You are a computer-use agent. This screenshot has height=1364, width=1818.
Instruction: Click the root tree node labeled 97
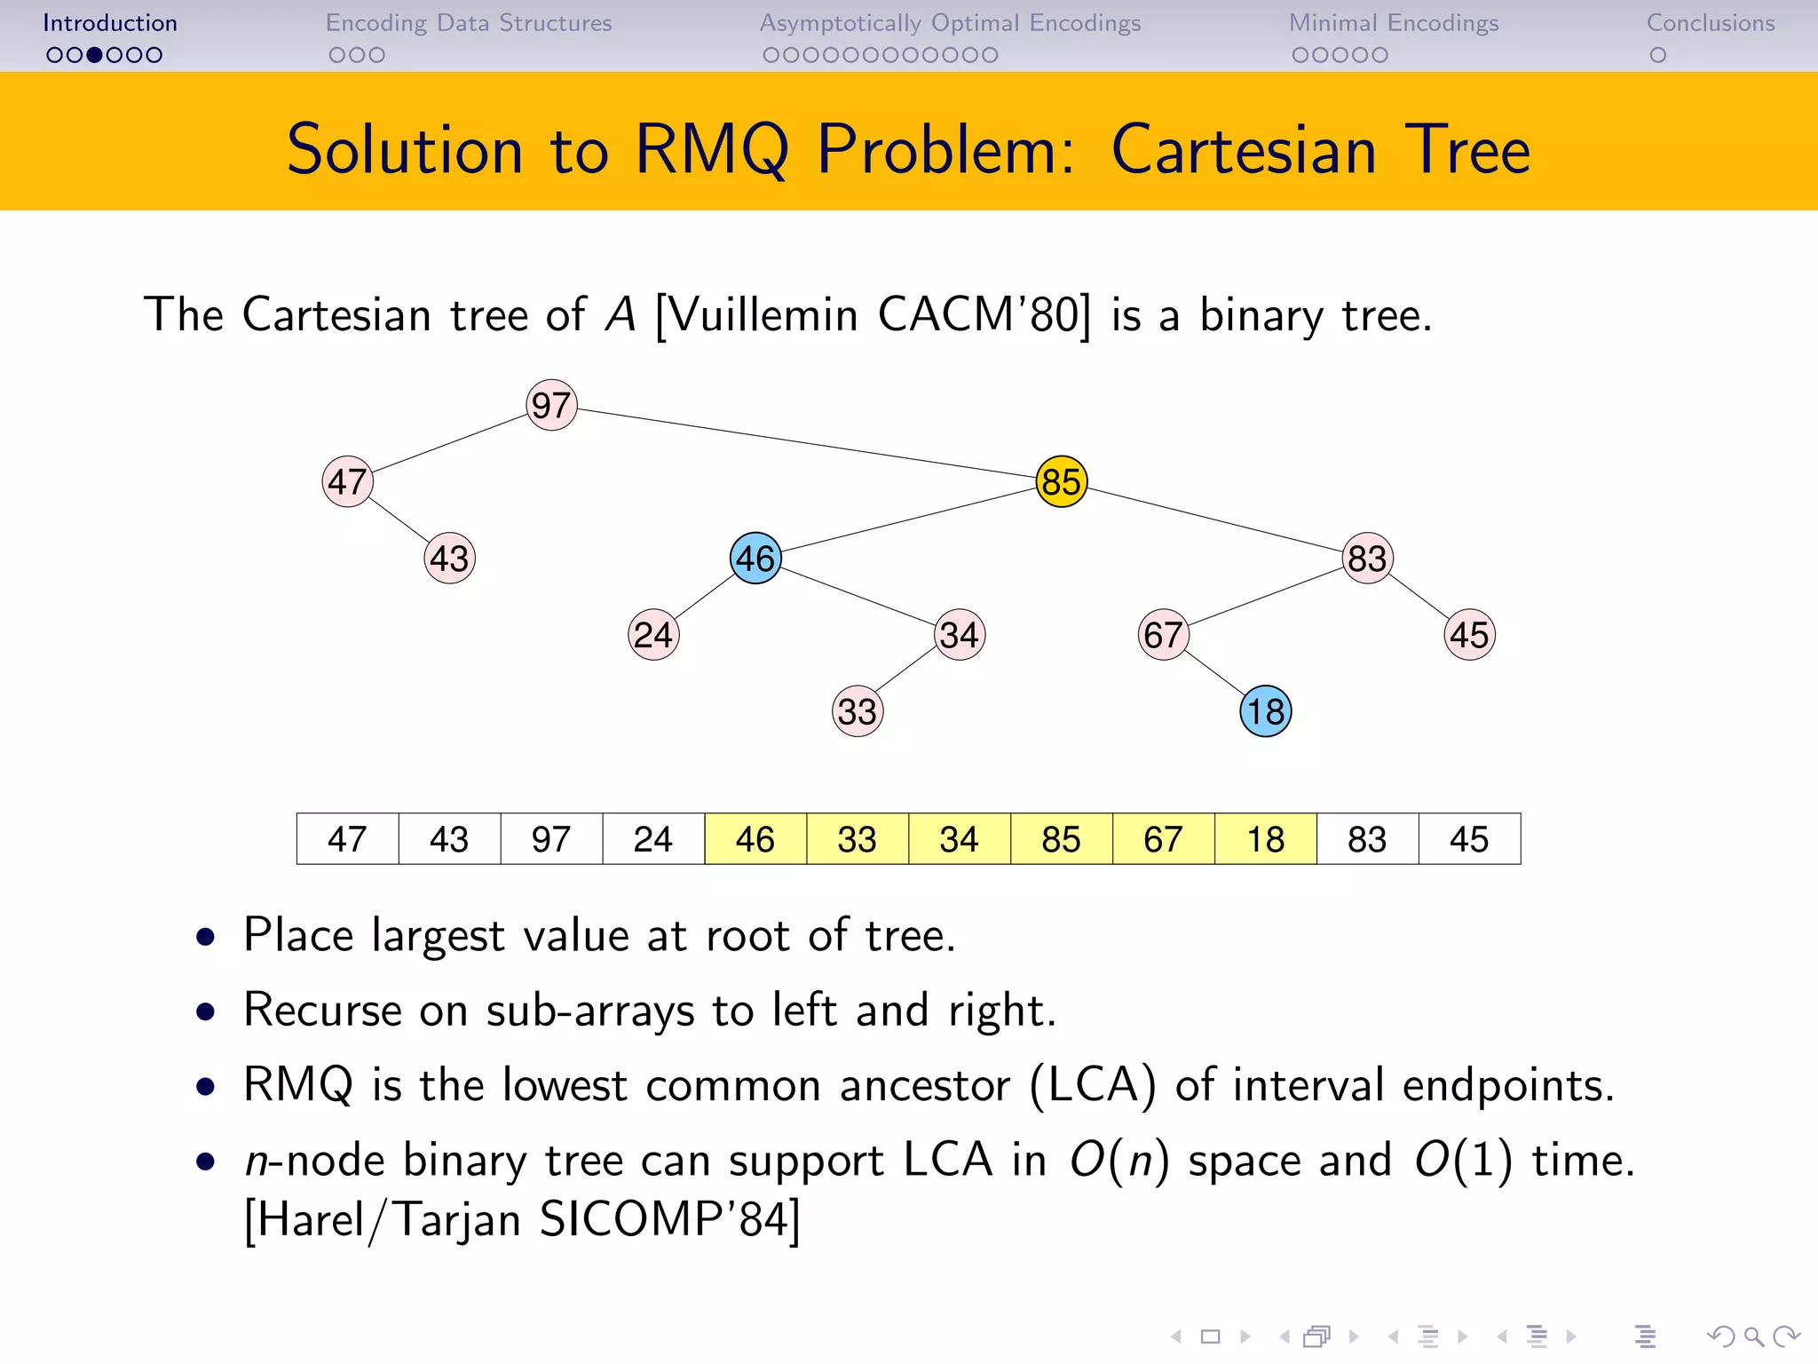[551, 406]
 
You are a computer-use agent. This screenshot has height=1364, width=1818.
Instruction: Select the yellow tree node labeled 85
[1061, 482]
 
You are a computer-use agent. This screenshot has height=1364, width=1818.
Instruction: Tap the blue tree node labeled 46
[755, 559]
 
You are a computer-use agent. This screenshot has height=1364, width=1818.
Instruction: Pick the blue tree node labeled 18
[1265, 711]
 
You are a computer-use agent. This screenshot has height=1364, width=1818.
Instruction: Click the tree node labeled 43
[449, 559]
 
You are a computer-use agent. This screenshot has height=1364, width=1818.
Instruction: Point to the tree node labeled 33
[858, 711]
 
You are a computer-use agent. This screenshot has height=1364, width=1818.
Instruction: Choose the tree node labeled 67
[1163, 635]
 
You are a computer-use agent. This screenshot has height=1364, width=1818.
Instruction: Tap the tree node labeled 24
[653, 635]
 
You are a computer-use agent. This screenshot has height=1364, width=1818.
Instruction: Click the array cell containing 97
[551, 839]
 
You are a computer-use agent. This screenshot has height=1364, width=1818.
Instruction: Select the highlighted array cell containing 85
[1061, 839]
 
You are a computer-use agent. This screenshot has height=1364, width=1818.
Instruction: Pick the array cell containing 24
[653, 839]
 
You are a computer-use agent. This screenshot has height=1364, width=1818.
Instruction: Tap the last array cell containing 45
[1469, 839]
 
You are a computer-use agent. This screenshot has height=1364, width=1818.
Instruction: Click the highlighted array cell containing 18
[1265, 839]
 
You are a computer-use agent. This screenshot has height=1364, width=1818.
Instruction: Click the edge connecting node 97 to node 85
[806, 444]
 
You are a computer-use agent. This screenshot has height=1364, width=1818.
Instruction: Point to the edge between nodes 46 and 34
[858, 597]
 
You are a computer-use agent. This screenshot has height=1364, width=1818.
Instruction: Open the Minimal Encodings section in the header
[1393, 23]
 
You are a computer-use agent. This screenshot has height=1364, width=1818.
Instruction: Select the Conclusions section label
[1710, 23]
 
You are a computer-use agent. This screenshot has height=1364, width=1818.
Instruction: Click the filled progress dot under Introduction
[95, 55]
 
